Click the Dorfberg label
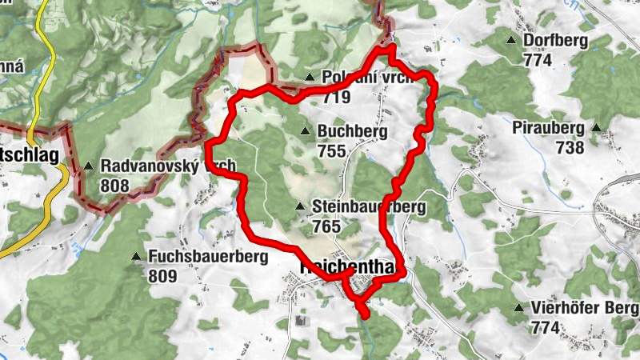(x=555, y=41)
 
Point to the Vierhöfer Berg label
(x=583, y=308)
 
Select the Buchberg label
(x=352, y=132)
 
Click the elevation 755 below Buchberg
(x=330, y=151)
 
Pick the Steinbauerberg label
(x=369, y=207)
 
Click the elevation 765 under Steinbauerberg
(x=327, y=226)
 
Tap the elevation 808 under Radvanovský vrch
(x=115, y=185)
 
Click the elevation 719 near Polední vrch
(x=338, y=98)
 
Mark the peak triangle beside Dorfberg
(x=511, y=40)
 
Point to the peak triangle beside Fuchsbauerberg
(x=135, y=258)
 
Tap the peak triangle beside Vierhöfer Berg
(x=520, y=308)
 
